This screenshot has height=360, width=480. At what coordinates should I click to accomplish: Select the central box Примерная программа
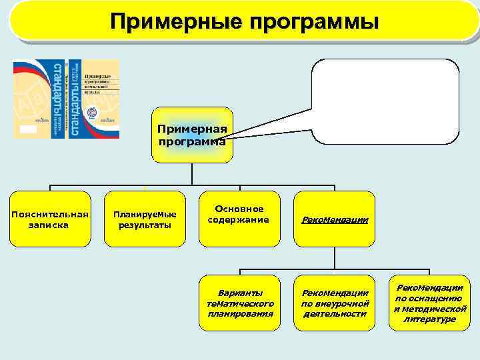pyautogui.click(x=192, y=135)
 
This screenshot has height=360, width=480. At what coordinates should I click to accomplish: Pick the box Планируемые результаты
pyautogui.click(x=145, y=219)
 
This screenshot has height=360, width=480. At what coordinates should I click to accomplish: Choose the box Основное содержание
pyautogui.click(x=239, y=215)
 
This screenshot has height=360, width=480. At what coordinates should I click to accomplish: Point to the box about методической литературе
pyautogui.click(x=429, y=303)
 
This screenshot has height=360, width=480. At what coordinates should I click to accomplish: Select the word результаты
pyautogui.click(x=145, y=225)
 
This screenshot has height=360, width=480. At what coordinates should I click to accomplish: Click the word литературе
pyautogui.click(x=429, y=319)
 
